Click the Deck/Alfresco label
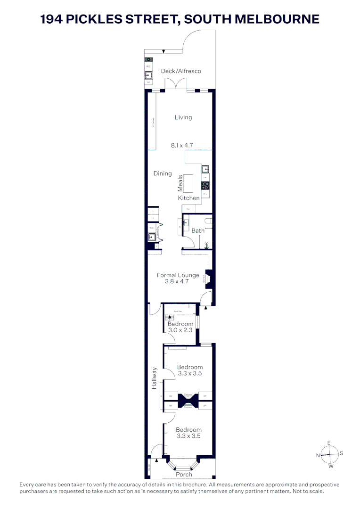(x=181, y=71)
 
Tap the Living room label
(x=183, y=117)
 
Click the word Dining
(x=163, y=173)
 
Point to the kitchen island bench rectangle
(x=188, y=182)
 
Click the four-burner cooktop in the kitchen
(x=205, y=185)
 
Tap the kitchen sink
(x=205, y=169)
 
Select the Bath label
(x=198, y=230)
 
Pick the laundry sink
(x=152, y=237)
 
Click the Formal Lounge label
(x=178, y=275)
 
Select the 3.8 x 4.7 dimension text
(x=177, y=282)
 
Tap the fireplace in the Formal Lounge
(x=208, y=279)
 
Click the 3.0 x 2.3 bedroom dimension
(x=180, y=330)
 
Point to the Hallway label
(x=154, y=378)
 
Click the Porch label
(x=184, y=474)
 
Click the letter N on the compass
(x=318, y=455)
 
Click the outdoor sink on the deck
(x=148, y=74)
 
